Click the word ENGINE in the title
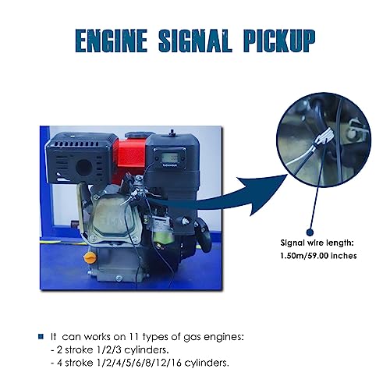pyautogui.click(x=112, y=41)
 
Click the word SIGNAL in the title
pyautogui.click(x=195, y=41)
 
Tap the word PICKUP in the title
pyautogui.click(x=279, y=41)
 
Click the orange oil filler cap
pyautogui.click(x=90, y=257)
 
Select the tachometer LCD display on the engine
pyautogui.click(x=169, y=158)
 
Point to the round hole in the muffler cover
pyautogui.click(x=84, y=167)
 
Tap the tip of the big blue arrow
pyautogui.click(x=288, y=175)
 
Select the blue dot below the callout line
pyautogui.click(x=310, y=232)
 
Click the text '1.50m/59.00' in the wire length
pyautogui.click(x=304, y=256)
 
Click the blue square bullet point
pyautogui.click(x=41, y=336)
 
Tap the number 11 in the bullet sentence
pyautogui.click(x=134, y=337)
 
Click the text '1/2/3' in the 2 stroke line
pyautogui.click(x=108, y=350)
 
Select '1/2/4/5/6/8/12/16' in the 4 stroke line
pyautogui.click(x=139, y=363)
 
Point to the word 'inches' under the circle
pyautogui.click(x=344, y=256)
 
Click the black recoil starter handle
pyautogui.click(x=204, y=234)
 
